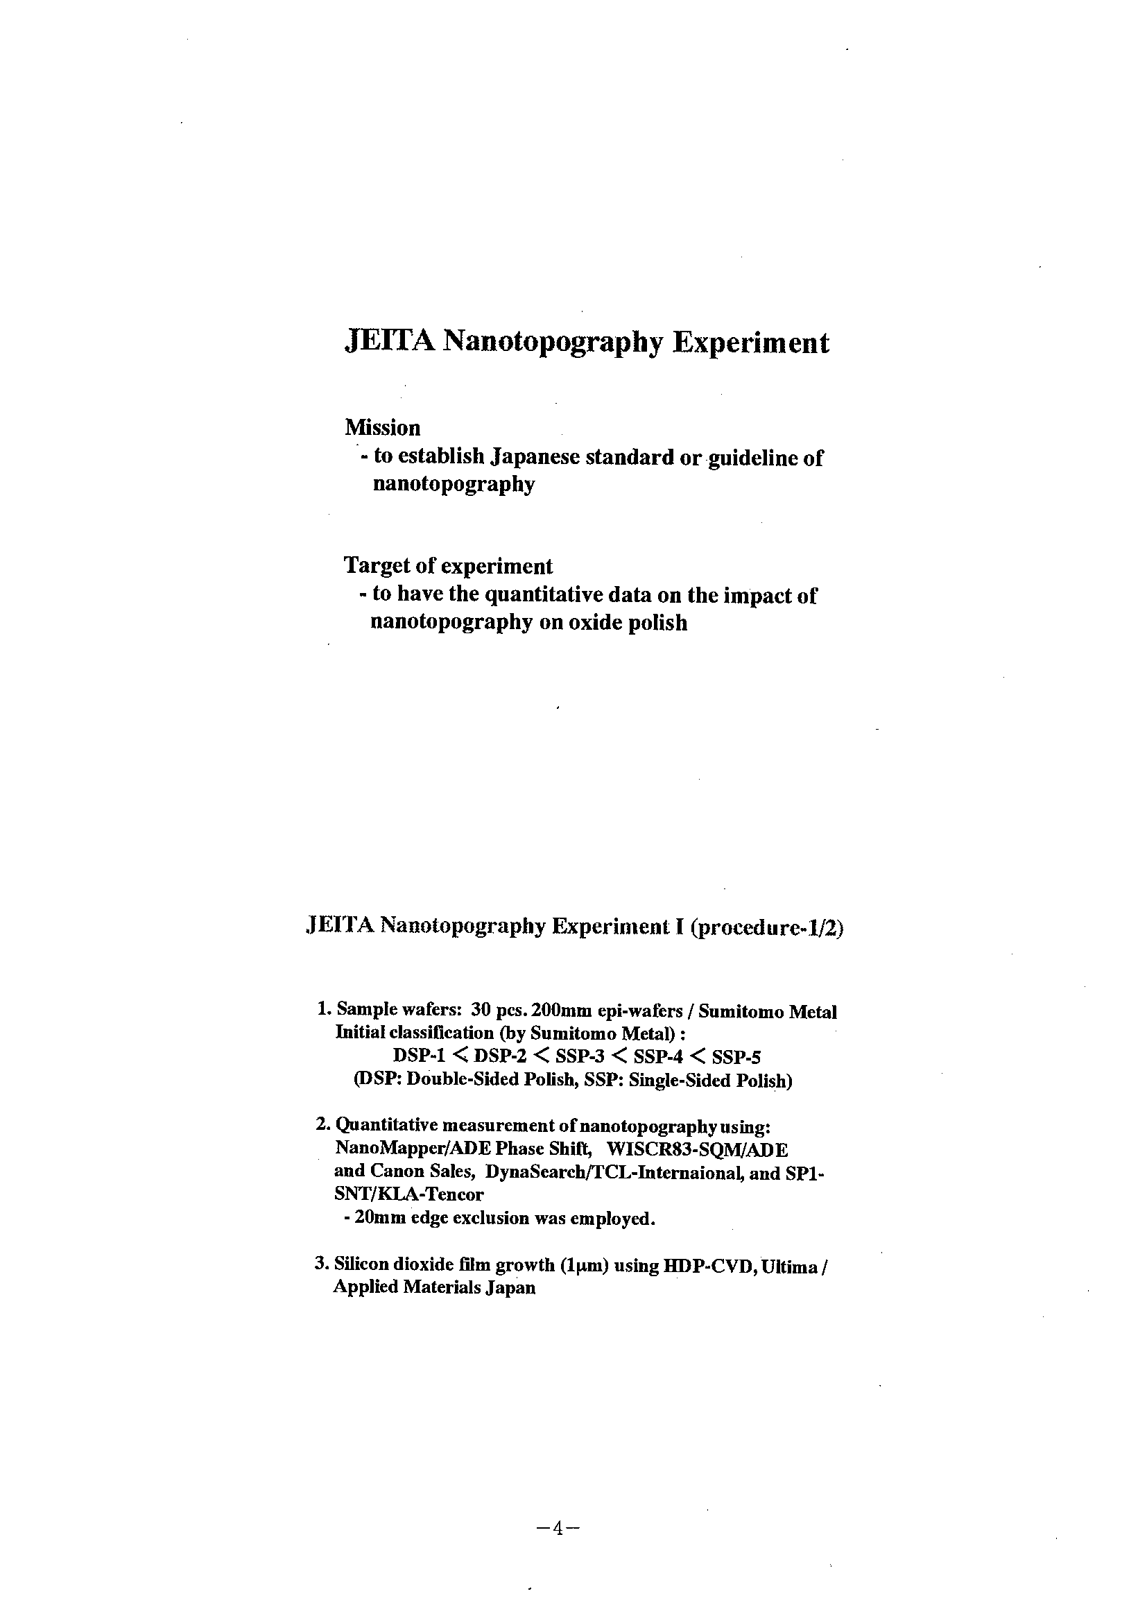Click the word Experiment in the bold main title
(x=750, y=343)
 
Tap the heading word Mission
(x=382, y=428)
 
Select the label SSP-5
(x=736, y=1058)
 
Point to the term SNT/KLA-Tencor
(x=408, y=1194)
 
